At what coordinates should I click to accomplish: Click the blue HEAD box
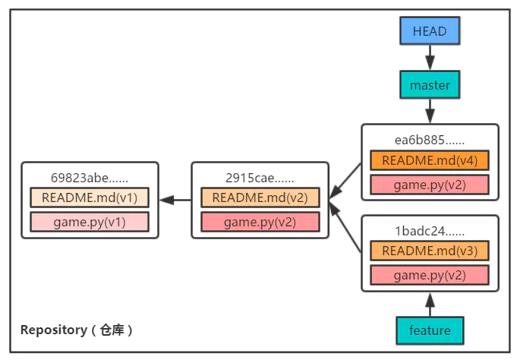pyautogui.click(x=430, y=30)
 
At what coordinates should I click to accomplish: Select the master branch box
pyautogui.click(x=430, y=84)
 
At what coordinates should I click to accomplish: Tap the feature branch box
pyautogui.click(x=430, y=330)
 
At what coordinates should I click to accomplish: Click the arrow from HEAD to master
pyautogui.click(x=430, y=58)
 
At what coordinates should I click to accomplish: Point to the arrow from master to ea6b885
pyautogui.click(x=430, y=111)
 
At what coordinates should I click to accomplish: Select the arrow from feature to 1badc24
pyautogui.click(x=430, y=305)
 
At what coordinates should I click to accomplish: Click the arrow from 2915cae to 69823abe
pyautogui.click(x=175, y=200)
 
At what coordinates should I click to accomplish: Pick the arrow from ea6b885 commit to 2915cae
pyautogui.click(x=345, y=181)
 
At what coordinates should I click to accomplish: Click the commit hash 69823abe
pyautogui.click(x=90, y=178)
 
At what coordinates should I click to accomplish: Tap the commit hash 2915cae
pyautogui.click(x=260, y=178)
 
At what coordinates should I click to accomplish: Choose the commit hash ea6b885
pyautogui.click(x=430, y=140)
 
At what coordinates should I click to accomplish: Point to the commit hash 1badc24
pyautogui.click(x=430, y=231)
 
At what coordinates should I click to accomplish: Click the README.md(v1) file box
pyautogui.click(x=90, y=197)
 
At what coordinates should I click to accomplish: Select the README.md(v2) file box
pyautogui.click(x=260, y=197)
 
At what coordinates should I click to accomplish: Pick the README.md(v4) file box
pyautogui.click(x=430, y=160)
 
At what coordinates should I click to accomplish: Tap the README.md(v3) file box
pyautogui.click(x=430, y=251)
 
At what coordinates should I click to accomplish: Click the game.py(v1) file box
pyautogui.click(x=90, y=222)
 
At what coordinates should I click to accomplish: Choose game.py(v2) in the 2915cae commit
pyautogui.click(x=260, y=222)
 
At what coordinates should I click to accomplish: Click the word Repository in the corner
pyautogui.click(x=53, y=330)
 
